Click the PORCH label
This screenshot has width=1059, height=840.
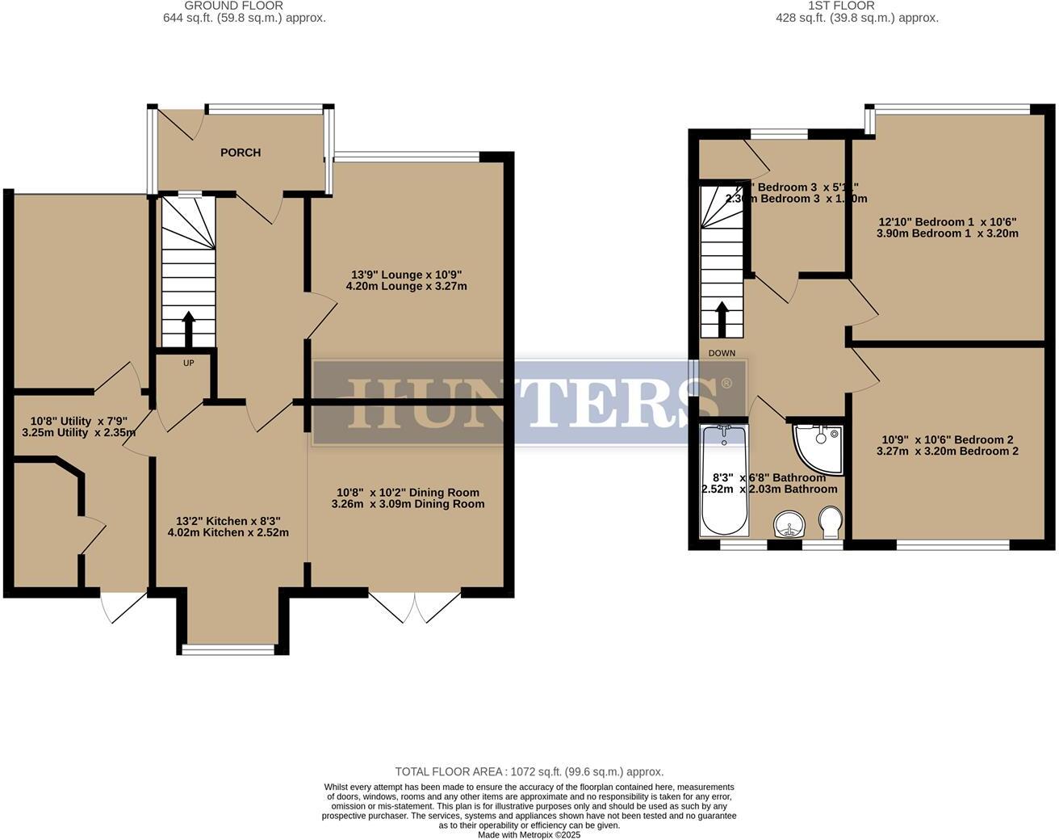[x=241, y=153]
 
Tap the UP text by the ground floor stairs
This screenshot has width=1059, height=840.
[x=188, y=363]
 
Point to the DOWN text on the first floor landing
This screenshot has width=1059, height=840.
[x=722, y=353]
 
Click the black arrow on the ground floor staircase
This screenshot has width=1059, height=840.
[x=188, y=328]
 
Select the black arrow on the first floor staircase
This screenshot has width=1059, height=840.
[x=722, y=318]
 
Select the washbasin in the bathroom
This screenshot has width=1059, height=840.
[x=789, y=524]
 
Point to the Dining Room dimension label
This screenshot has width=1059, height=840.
[x=408, y=498]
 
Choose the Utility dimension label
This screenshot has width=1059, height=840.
[x=78, y=426]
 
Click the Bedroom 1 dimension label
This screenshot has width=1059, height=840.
[x=947, y=228]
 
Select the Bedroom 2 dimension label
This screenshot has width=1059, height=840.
[x=947, y=446]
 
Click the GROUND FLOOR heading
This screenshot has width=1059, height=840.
[x=244, y=6]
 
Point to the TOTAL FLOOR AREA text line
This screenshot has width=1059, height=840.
[x=529, y=771]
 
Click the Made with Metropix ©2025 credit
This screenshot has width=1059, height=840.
[x=529, y=835]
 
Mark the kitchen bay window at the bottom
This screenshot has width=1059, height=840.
[x=228, y=649]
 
